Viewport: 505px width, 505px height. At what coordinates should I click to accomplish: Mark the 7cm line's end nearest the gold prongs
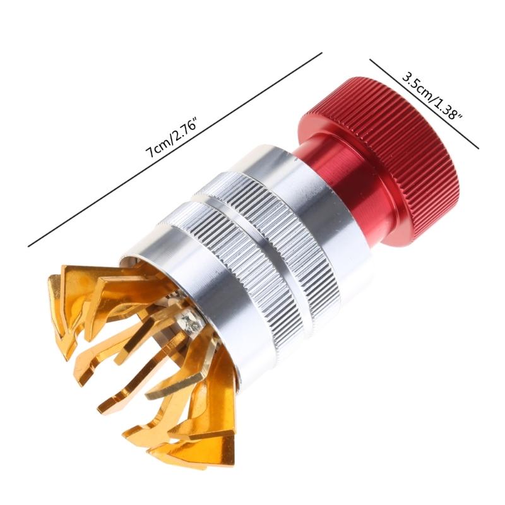29,246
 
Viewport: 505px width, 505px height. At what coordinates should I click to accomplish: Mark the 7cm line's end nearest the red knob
322,53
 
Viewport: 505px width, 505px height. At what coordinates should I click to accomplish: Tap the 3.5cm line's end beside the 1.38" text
478,148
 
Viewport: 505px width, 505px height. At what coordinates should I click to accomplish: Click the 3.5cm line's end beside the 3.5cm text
370,61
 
